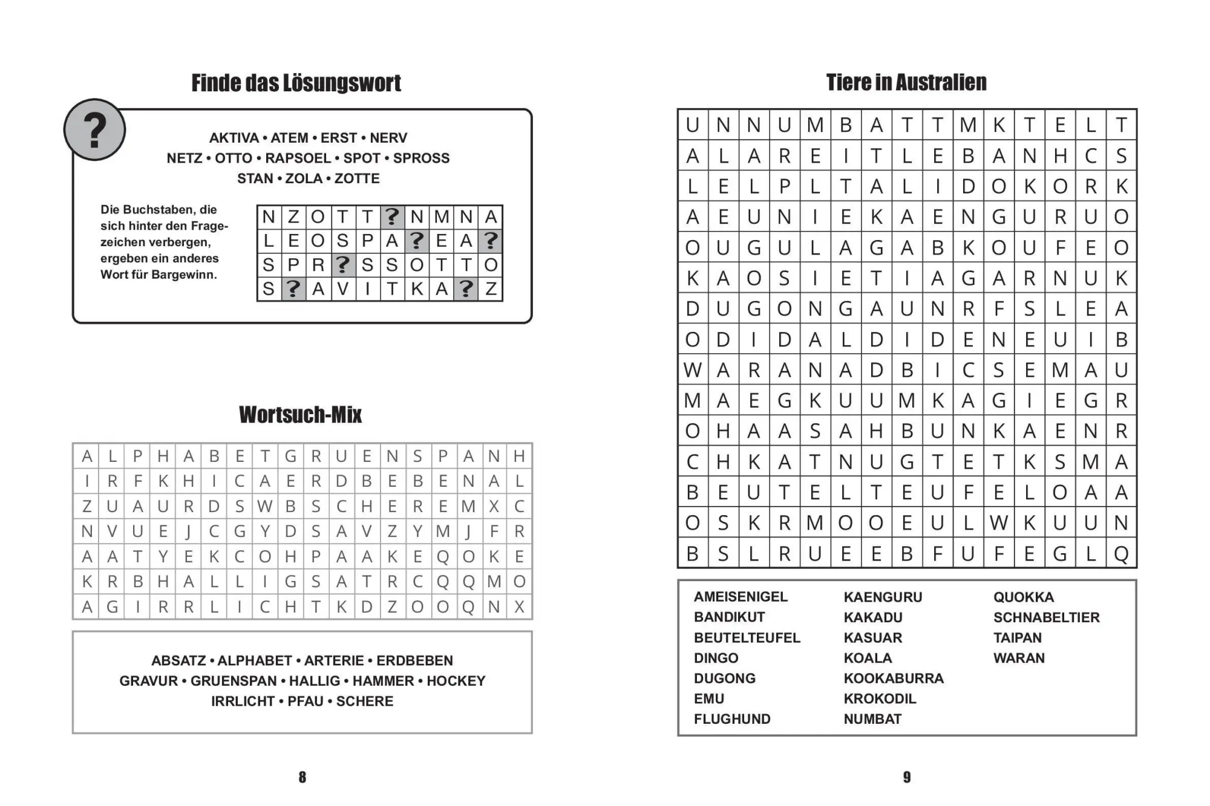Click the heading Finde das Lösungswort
click(x=296, y=83)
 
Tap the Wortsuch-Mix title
click(x=300, y=415)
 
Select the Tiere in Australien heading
click(x=906, y=83)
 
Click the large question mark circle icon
click(x=94, y=130)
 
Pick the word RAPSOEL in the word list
click(x=298, y=158)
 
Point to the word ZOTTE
click(x=357, y=179)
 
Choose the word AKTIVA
click(x=234, y=138)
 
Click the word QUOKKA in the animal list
click(x=1023, y=597)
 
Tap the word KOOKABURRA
click(x=893, y=678)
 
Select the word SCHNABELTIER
click(x=1046, y=617)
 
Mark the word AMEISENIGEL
click(x=741, y=597)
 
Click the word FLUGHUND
click(x=732, y=719)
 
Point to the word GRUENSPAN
click(x=234, y=681)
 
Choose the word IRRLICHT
click(x=243, y=701)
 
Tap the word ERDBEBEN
click(x=414, y=661)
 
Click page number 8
click(x=302, y=778)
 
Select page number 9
click(x=906, y=778)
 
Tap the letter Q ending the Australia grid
click(x=1121, y=553)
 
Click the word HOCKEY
click(x=456, y=681)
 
